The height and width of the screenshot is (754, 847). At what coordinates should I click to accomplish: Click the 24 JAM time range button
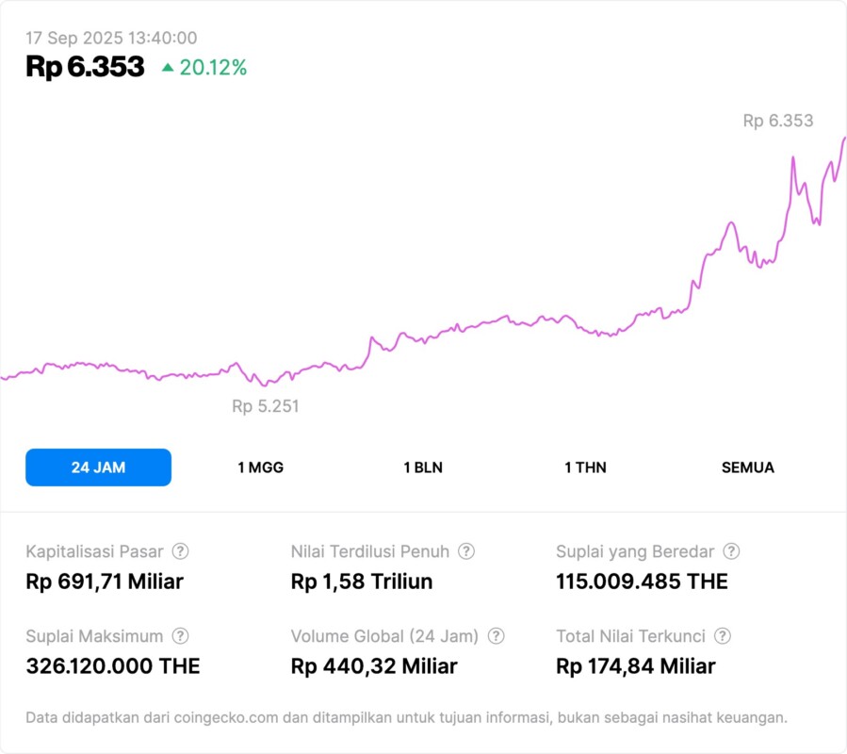98,467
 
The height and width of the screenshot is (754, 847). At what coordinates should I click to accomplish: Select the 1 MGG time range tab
260,467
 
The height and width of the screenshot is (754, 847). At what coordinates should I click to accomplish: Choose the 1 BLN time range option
423,467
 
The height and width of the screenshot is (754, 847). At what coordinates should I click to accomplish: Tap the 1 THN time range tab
585,467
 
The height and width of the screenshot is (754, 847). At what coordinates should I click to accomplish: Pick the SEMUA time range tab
747,467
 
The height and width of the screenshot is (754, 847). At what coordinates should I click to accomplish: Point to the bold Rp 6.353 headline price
85,67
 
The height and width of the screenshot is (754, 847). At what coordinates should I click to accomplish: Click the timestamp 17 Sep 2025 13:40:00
111,38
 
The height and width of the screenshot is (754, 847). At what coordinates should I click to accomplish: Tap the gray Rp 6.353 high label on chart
777,121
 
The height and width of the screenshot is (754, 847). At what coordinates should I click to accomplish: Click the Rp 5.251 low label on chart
266,406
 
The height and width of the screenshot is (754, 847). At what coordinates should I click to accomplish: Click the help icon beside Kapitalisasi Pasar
180,551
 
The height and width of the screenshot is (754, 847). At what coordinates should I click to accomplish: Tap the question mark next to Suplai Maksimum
180,636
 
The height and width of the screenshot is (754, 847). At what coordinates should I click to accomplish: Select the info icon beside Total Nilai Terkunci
723,636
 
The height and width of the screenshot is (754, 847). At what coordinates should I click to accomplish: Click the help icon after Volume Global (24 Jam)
496,636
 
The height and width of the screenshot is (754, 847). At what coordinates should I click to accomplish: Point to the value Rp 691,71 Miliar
105,582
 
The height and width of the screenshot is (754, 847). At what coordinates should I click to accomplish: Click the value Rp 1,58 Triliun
362,582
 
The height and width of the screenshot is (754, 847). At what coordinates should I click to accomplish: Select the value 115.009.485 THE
642,582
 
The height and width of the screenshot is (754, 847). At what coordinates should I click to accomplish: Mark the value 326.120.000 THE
113,666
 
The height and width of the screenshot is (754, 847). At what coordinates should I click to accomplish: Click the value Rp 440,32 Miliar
374,666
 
